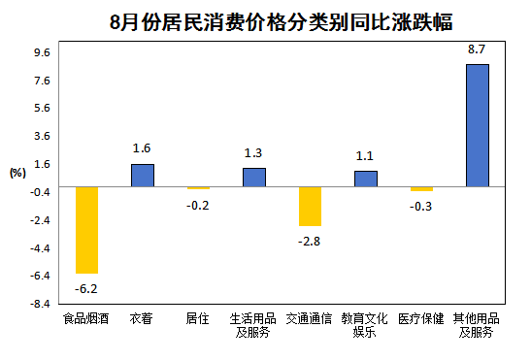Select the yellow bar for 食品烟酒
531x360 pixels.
(86, 230)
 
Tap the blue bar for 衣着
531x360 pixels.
(143, 175)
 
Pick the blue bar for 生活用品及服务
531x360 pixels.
(254, 177)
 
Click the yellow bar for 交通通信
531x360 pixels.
(310, 206)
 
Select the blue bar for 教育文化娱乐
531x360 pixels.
(366, 179)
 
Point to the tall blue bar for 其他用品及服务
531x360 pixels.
(477, 125)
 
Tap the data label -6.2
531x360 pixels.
(86, 288)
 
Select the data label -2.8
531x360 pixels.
(310, 241)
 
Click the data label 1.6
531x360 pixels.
(143, 147)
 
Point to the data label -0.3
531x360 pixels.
(421, 207)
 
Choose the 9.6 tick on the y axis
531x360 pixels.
(44, 52)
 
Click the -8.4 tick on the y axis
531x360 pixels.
(42, 304)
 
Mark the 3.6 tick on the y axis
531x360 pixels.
(44, 136)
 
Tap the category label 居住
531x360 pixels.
(198, 318)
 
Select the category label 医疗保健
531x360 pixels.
(421, 318)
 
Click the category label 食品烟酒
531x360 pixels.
(86, 318)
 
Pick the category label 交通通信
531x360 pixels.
(310, 318)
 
